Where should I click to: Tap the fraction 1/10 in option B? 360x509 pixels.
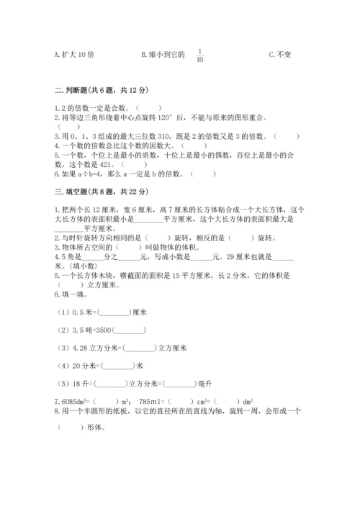tap(199, 55)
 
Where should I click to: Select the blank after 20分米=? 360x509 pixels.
tap(117, 366)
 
